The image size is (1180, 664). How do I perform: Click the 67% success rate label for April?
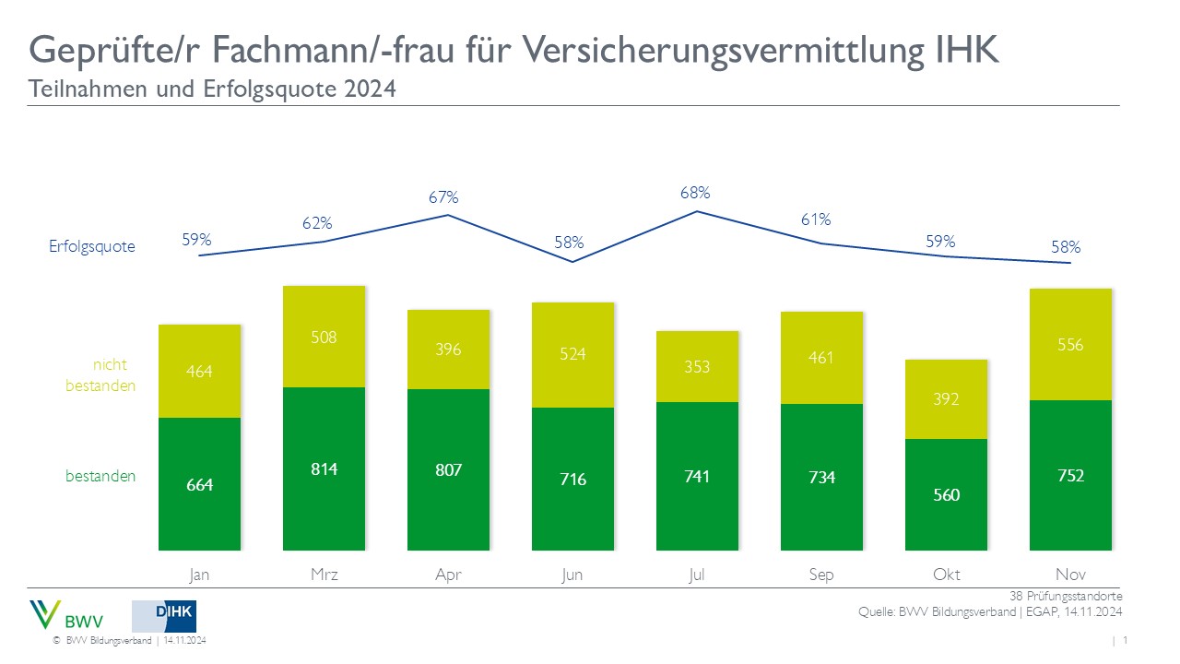(443, 197)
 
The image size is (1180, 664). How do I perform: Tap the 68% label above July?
(696, 193)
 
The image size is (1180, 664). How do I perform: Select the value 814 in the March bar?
(324, 468)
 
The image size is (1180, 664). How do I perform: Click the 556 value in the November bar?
(1071, 345)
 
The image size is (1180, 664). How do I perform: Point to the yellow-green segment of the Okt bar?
(946, 398)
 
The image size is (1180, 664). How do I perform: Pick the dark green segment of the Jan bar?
(200, 484)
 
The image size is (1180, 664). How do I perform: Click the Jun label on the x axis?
(572, 574)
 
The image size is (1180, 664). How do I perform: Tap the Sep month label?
(820, 574)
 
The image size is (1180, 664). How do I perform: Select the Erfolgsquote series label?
(92, 246)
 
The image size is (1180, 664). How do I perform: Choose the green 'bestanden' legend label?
(100, 476)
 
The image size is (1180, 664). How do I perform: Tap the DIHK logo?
(164, 615)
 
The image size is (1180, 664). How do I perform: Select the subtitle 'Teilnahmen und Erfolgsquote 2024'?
(212, 90)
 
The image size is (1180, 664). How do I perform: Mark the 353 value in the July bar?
(697, 366)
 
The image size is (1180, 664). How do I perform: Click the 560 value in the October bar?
(946, 494)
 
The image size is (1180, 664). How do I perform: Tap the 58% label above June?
(570, 243)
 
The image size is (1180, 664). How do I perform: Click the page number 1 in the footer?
(1127, 640)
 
